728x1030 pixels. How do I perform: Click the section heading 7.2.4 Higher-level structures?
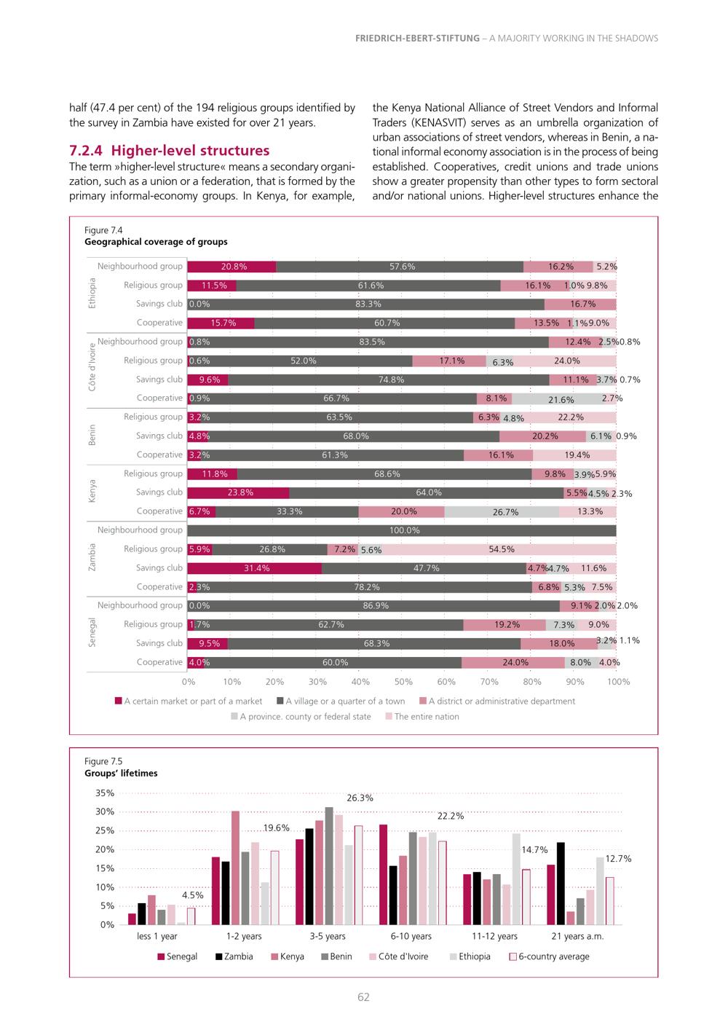(x=169, y=150)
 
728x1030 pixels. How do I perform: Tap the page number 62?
(x=363, y=997)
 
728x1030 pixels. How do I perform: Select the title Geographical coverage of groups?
(x=156, y=242)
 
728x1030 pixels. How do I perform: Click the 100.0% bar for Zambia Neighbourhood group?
(x=402, y=530)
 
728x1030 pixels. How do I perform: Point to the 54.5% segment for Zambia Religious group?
(x=499, y=549)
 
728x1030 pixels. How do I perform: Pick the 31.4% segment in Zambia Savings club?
(x=255, y=568)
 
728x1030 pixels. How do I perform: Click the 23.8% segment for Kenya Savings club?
(x=239, y=493)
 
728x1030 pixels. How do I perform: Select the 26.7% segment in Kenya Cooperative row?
(x=502, y=512)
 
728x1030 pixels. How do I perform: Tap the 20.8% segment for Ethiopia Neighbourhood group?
(x=232, y=267)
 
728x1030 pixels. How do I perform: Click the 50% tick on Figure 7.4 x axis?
(x=403, y=682)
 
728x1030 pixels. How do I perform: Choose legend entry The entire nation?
(x=422, y=716)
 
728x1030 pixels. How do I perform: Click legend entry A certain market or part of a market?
(x=189, y=701)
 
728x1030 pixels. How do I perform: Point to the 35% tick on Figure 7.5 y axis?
(x=105, y=793)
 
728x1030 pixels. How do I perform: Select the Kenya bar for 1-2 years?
(x=235, y=868)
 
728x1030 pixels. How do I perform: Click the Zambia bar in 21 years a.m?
(x=561, y=884)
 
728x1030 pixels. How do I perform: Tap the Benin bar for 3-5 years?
(x=329, y=866)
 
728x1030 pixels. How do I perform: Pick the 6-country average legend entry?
(x=549, y=956)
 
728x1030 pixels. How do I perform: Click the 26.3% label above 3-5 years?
(x=360, y=798)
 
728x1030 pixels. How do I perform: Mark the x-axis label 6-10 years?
(x=411, y=936)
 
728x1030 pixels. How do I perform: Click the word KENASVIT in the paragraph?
(x=437, y=123)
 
